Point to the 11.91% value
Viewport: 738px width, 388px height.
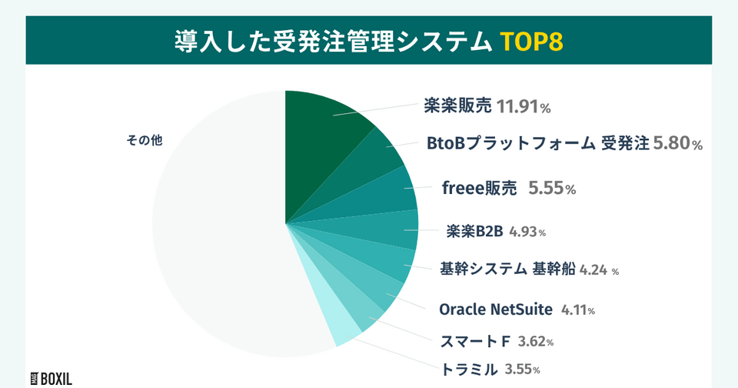[x=524, y=106]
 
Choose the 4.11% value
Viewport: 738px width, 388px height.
[x=578, y=310]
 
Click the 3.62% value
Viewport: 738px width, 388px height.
[x=536, y=341]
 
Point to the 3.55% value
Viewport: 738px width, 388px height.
[x=522, y=370]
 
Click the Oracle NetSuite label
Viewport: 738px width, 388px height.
[x=495, y=309]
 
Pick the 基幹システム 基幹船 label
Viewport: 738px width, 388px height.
[x=507, y=269]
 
